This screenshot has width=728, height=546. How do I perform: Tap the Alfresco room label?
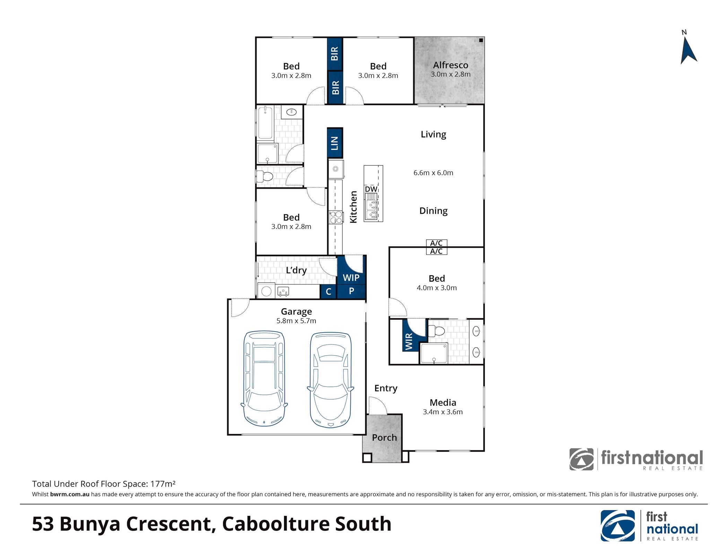pos(450,65)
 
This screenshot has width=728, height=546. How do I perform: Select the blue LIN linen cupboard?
pos(335,143)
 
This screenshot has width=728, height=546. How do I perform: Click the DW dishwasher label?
pos(371,189)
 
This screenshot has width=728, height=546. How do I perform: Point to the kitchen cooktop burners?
pos(336,217)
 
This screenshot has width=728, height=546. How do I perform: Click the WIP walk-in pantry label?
pos(351,278)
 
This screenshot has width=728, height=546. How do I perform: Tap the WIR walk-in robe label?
pos(409,341)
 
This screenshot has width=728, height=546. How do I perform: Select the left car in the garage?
pos(264,378)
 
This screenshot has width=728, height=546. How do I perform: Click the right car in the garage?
pos(330,380)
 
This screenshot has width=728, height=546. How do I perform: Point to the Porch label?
pos(384,437)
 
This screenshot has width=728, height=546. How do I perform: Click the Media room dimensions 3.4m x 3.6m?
pos(443,412)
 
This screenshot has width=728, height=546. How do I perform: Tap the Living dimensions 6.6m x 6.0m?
pos(433,173)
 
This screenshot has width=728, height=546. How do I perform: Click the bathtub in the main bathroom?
pos(265,123)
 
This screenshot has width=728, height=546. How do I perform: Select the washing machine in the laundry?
pos(266,291)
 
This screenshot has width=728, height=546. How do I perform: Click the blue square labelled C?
pos(328,291)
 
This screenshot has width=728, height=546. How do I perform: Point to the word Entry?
pos(385,388)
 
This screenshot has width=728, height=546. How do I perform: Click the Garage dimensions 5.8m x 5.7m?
pos(296,321)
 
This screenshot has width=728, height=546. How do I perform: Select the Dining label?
pos(433,211)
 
